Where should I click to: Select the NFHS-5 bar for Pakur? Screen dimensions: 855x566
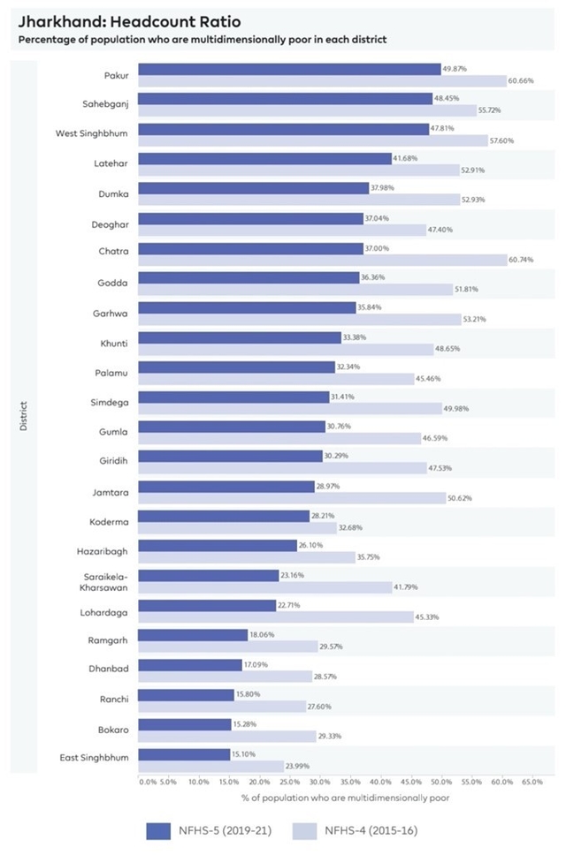click(x=289, y=69)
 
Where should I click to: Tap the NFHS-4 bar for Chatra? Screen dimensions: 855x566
click(x=322, y=260)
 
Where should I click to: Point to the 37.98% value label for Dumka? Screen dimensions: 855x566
click(x=381, y=187)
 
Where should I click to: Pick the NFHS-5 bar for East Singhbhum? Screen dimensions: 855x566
click(x=184, y=754)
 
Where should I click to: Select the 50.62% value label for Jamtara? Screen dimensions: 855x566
click(x=460, y=498)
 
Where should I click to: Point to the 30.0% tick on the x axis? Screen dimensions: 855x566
click(x=320, y=782)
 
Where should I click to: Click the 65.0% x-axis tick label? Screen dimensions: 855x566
click(x=532, y=782)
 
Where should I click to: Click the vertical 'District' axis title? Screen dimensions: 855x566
click(x=24, y=417)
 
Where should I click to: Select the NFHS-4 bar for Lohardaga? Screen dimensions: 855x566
click(x=275, y=617)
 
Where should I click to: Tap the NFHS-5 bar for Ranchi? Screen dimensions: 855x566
click(x=187, y=694)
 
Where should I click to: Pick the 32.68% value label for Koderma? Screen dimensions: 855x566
click(x=351, y=527)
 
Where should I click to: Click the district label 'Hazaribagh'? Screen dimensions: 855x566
click(x=105, y=551)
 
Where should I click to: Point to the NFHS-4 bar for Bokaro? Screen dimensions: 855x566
click(x=227, y=736)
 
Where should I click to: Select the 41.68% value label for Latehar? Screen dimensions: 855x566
click(x=404, y=158)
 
